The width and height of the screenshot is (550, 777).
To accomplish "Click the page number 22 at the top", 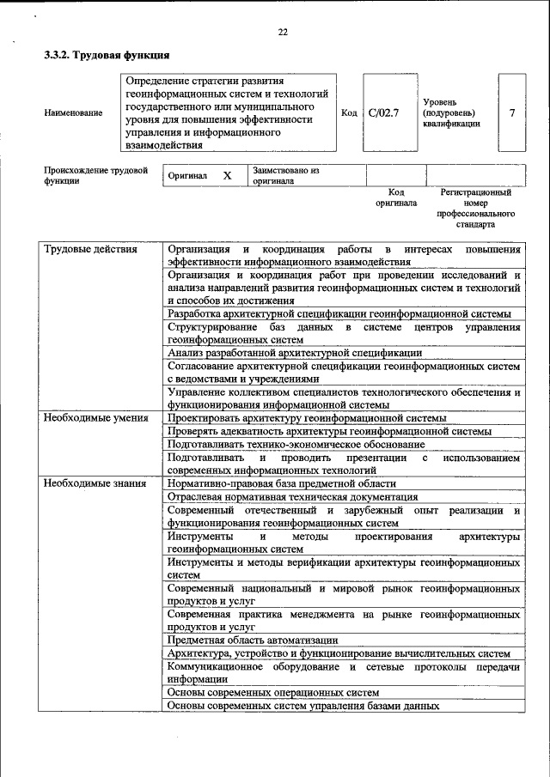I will (x=283, y=32).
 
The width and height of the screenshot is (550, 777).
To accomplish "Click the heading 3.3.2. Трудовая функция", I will (x=101, y=56).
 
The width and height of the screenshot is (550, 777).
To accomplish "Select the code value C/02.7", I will (x=383, y=112).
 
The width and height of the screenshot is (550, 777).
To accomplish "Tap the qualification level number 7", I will (x=512, y=112).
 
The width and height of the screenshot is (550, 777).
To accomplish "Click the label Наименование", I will (x=73, y=112).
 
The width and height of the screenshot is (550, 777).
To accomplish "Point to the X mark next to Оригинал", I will (x=227, y=175).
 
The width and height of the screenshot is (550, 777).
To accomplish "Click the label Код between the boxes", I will (x=349, y=112).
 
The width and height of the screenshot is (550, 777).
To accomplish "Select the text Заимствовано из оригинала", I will (x=285, y=176).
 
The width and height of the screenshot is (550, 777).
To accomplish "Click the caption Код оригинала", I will (x=395, y=198).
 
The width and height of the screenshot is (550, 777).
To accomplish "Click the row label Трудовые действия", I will (x=90, y=250).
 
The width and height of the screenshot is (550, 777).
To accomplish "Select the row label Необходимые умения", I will (x=95, y=418).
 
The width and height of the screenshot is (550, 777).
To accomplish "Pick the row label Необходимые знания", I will (x=95, y=484).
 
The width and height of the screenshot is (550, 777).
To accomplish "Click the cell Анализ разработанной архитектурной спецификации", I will (x=295, y=352).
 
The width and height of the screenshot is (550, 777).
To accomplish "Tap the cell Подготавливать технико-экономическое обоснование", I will (x=296, y=445).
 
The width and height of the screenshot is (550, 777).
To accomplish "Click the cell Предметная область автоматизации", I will (x=253, y=640).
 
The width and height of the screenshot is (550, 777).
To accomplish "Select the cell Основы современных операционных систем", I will (x=272, y=692).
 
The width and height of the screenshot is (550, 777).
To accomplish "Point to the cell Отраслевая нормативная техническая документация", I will (x=292, y=497).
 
